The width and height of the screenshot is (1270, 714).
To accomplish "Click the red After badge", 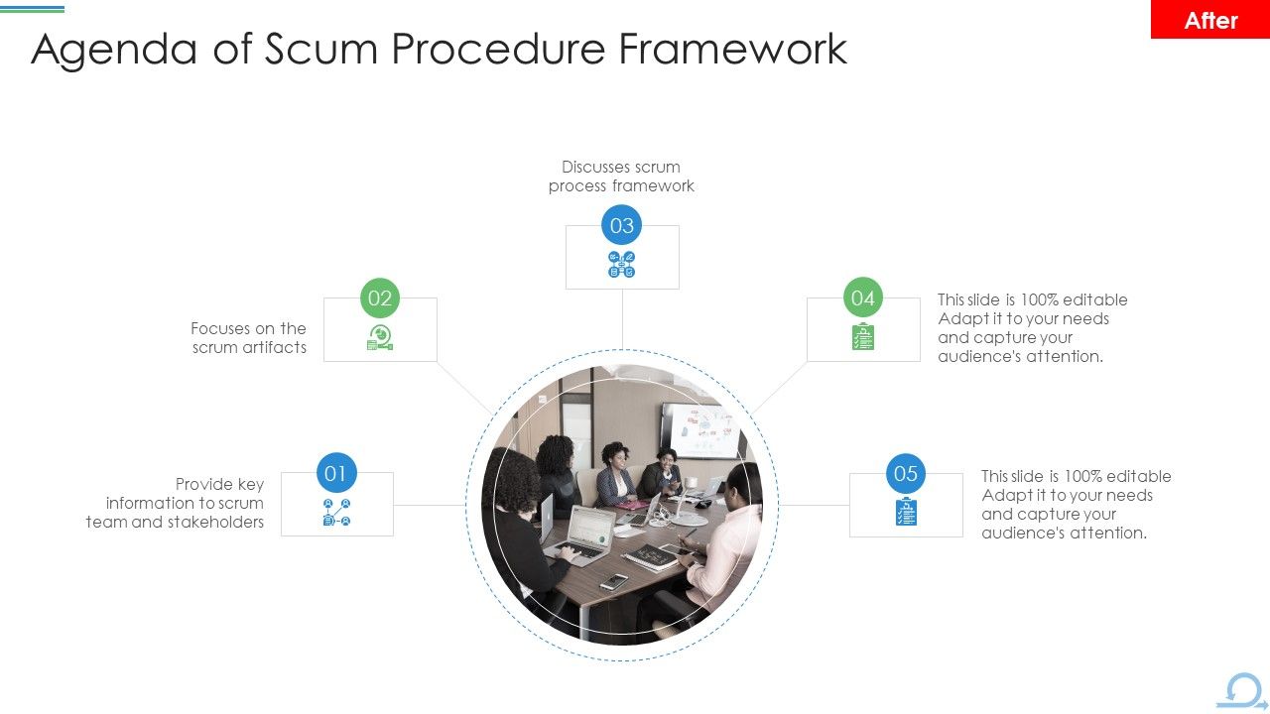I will click(1209, 20).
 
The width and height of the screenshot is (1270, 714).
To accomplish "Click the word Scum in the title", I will click(321, 49).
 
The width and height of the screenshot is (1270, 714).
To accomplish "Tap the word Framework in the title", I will click(733, 49).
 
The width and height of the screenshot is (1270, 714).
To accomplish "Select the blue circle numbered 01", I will click(335, 473).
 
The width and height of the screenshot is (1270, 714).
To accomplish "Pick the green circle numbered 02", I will click(380, 297).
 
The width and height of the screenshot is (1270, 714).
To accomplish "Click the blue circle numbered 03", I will click(622, 225).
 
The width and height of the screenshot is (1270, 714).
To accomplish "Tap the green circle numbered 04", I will click(863, 297).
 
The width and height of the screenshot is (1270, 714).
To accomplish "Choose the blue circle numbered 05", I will click(906, 473).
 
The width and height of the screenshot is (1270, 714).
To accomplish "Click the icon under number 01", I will click(336, 513).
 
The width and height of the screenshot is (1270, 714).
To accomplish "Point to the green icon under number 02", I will click(380, 338).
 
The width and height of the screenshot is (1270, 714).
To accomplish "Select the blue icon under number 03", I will click(622, 265).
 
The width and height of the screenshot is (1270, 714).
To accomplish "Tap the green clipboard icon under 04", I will click(863, 337).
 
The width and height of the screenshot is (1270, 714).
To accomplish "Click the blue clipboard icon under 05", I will click(906, 512).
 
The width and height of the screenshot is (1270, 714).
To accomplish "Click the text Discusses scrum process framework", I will click(621, 177).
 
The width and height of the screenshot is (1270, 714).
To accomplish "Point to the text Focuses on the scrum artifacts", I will click(249, 338).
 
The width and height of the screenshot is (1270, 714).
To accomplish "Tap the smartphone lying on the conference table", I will click(613, 582).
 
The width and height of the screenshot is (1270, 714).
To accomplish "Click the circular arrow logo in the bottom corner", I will click(1241, 691).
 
